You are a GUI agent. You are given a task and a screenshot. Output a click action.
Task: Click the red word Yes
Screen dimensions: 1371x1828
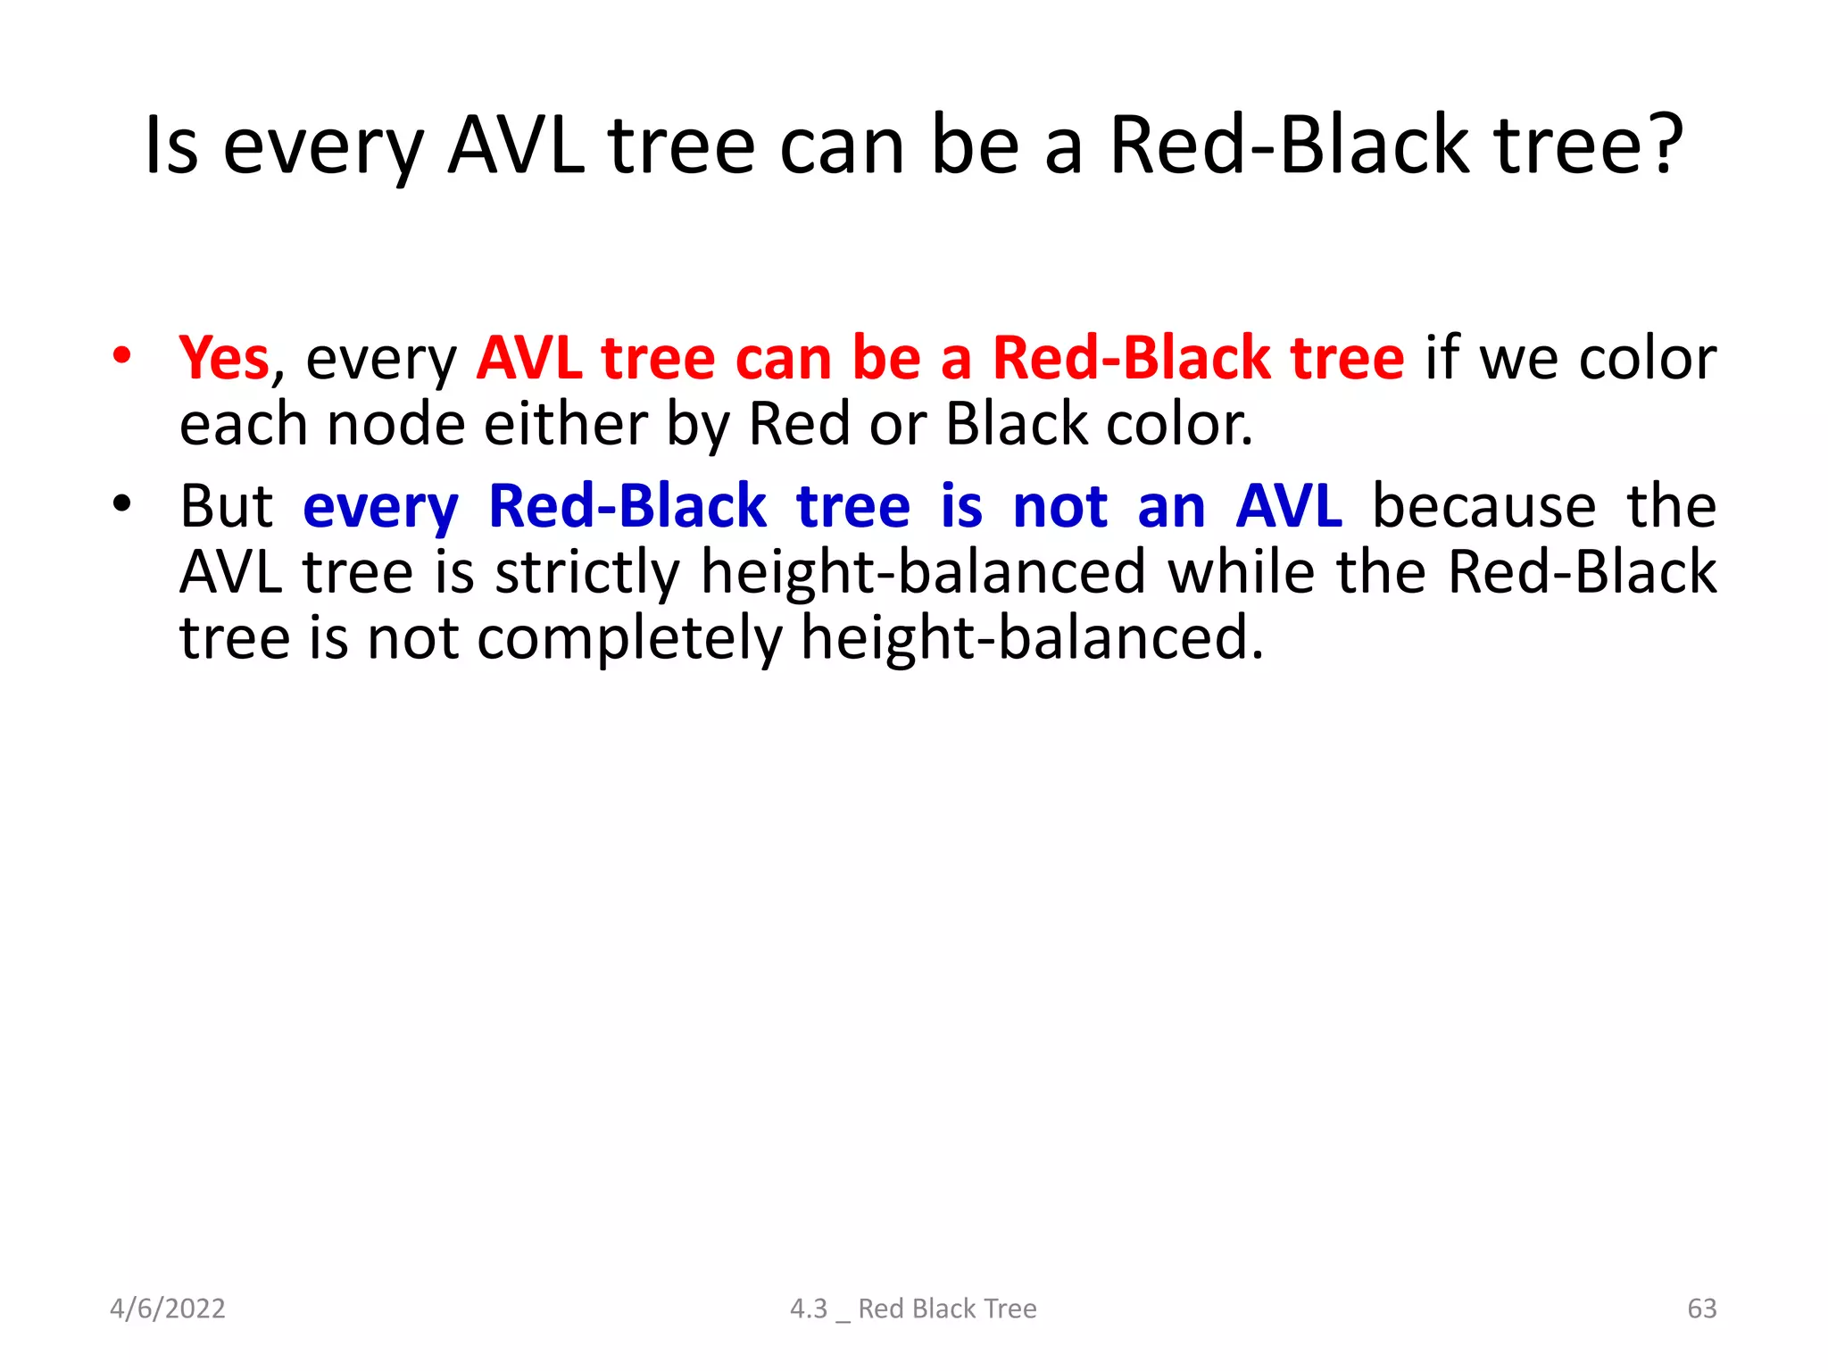[x=224, y=359]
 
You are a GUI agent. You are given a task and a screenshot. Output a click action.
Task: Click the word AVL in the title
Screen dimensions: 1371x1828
[x=516, y=145]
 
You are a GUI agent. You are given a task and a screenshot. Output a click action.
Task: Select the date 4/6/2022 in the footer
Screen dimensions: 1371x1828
[x=168, y=1309]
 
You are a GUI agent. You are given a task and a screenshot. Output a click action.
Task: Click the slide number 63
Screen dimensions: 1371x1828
[x=1701, y=1309]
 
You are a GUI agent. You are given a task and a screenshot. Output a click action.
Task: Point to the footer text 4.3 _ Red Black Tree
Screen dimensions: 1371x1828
[x=913, y=1309]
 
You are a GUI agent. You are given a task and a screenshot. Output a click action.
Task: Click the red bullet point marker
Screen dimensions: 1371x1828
[x=122, y=356]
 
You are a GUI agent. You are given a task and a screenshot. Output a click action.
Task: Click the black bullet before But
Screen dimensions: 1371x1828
[x=122, y=504]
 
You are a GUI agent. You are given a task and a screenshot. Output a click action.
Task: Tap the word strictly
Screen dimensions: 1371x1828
[x=587, y=573]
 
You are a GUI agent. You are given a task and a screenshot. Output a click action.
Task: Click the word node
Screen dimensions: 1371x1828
[x=395, y=424]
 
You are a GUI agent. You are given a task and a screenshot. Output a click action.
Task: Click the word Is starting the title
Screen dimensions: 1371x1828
[x=171, y=145]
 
